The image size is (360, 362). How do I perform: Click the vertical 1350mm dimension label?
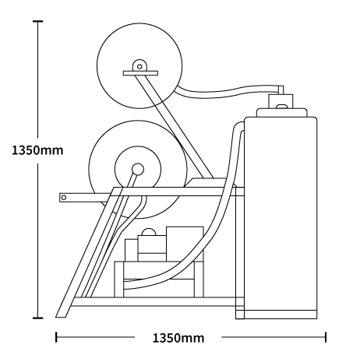click(37, 150)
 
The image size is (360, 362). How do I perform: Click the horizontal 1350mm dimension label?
click(178, 338)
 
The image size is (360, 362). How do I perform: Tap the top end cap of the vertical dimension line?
click(38, 21)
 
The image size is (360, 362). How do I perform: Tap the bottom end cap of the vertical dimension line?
click(38, 318)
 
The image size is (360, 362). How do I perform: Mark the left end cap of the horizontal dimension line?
click(56, 337)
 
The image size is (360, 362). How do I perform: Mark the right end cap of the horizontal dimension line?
click(326, 337)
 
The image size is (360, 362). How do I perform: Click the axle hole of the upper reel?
click(139, 67)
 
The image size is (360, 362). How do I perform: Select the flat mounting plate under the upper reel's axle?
click(140, 73)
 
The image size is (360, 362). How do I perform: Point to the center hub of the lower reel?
click(138, 169)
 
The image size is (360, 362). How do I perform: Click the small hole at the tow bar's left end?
click(64, 198)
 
